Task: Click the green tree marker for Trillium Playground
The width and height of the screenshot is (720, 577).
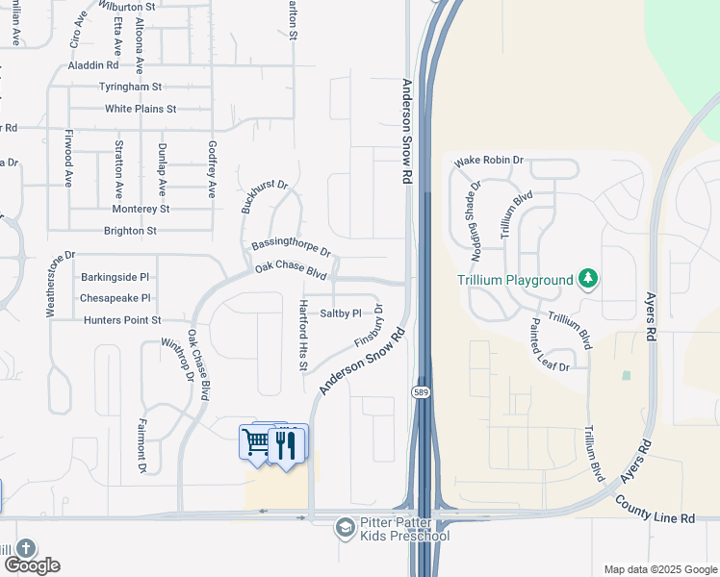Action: tap(588, 280)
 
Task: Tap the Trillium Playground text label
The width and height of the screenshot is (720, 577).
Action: tap(515, 281)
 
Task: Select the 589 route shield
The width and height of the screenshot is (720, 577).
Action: tap(422, 392)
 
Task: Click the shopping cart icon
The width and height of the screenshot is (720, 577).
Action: tap(256, 443)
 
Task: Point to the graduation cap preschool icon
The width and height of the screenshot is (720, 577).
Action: tap(345, 528)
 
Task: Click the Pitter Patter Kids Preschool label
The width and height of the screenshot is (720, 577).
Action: tap(404, 529)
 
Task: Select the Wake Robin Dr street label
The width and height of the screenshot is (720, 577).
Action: tap(489, 160)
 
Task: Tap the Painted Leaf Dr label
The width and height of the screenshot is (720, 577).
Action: tap(550, 346)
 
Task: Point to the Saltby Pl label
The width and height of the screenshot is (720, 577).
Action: tap(340, 313)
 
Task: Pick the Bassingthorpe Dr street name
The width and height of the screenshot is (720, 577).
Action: tap(291, 246)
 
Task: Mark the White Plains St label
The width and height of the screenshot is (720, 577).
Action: tap(141, 110)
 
